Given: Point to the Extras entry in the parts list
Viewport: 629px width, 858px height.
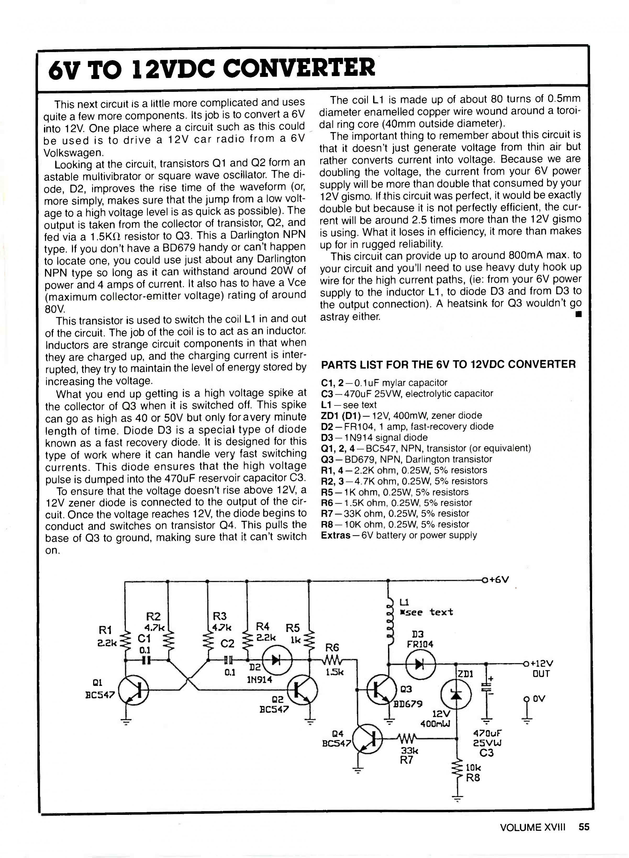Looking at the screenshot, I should pos(335,535).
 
